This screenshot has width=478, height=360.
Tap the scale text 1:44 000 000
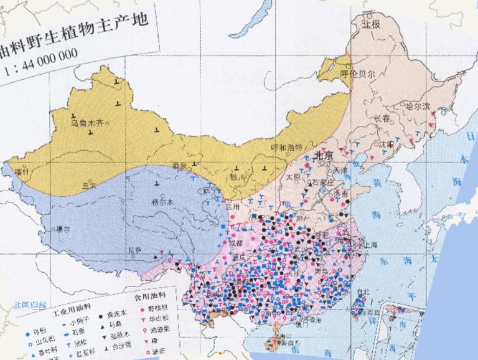click(40, 54)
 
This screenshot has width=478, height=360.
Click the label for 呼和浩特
click(286, 148)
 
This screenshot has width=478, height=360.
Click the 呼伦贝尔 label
click(358, 73)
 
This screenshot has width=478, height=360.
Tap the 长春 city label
click(382, 118)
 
